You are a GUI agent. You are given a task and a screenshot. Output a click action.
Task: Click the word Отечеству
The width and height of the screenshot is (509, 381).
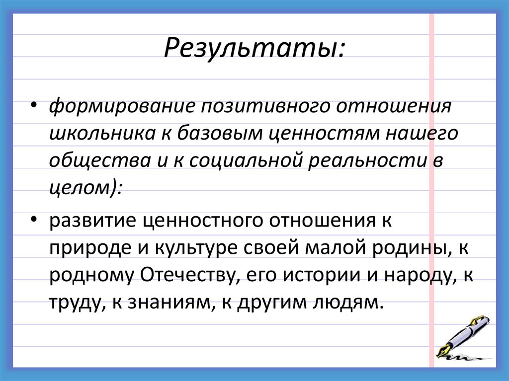click(190, 274)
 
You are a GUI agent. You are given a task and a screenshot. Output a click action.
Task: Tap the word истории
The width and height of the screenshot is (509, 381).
click(315, 274)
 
